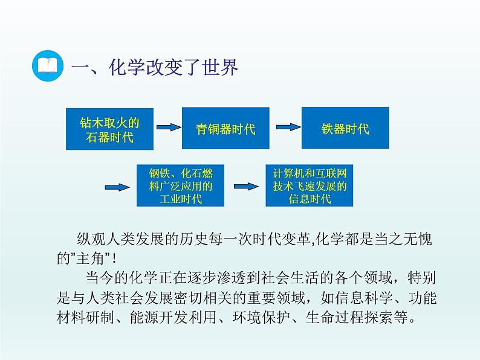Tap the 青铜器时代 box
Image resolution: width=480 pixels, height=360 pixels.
pos(225,129)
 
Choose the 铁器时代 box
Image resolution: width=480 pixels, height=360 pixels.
pos(345,129)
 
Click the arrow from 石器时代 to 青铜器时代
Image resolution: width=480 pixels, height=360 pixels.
pos(168,127)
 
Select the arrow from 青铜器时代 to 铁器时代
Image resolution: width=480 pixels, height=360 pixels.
pos(288,127)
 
